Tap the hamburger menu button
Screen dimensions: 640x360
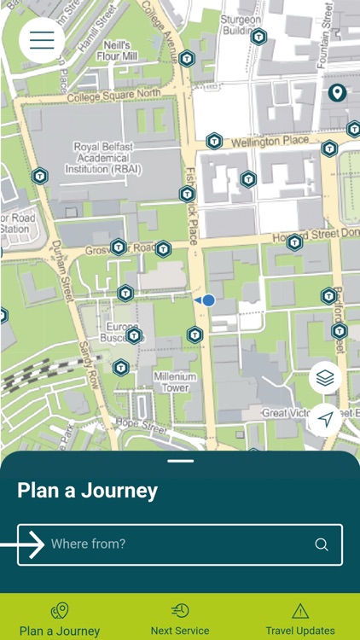coord(42,40)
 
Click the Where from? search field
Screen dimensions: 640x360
coord(179,544)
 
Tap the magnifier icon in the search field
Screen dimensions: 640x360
coord(322,544)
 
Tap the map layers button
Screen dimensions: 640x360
coord(325,377)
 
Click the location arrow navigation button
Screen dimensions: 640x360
coord(325,419)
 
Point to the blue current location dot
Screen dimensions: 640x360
coord(208,300)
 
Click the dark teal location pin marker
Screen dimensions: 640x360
coord(337,92)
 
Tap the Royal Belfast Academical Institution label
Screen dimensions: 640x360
coord(103,159)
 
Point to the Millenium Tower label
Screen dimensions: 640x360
coord(176,381)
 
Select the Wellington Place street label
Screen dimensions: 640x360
coord(269,141)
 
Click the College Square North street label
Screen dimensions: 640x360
coord(114,94)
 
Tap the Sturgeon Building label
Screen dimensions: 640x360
coord(241,25)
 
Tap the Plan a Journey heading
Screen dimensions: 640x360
coord(87,491)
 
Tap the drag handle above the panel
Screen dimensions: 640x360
coord(180,461)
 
